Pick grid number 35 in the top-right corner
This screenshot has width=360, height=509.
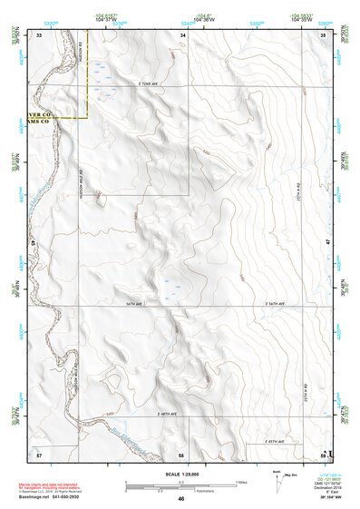324,34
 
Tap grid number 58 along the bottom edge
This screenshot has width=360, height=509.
181,452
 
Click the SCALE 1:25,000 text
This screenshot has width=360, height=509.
180,475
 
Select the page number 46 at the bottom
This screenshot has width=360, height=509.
181,499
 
